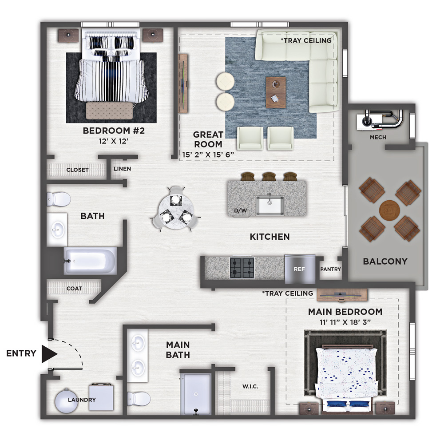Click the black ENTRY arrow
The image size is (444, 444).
point(49,354)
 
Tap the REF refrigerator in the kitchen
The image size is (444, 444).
point(300,269)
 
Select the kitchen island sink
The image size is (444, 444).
point(270,205)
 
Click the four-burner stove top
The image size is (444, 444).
point(242,268)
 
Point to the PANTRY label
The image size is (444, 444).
point(330,270)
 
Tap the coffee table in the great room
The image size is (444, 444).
point(276,92)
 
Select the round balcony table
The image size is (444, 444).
point(389,210)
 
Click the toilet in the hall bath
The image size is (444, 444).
point(59,199)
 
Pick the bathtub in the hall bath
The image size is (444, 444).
point(90,261)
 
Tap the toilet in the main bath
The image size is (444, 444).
point(139,399)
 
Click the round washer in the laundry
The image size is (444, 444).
point(66,400)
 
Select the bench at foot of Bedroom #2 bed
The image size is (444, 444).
point(109,111)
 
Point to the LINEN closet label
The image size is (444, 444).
point(123,169)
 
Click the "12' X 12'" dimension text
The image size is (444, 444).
point(114,141)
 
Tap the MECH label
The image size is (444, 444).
point(378,137)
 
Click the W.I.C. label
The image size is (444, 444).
point(250,387)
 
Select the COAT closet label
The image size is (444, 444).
point(74,289)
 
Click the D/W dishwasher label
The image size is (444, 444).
point(240,210)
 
